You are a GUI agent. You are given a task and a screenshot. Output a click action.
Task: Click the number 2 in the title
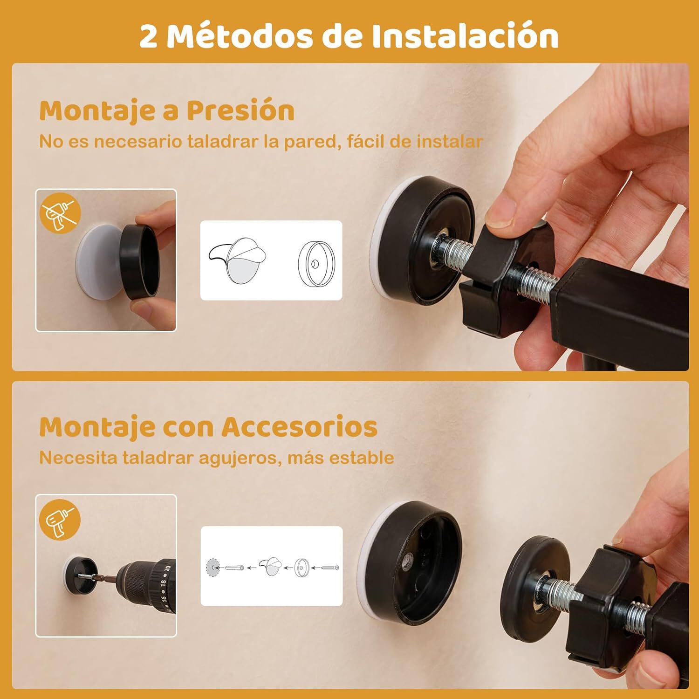click(x=148, y=36)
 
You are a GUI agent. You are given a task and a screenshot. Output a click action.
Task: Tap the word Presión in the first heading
click(x=240, y=111)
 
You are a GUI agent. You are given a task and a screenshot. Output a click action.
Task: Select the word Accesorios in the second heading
click(x=299, y=426)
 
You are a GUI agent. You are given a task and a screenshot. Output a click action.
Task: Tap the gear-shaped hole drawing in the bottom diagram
click(x=212, y=568)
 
